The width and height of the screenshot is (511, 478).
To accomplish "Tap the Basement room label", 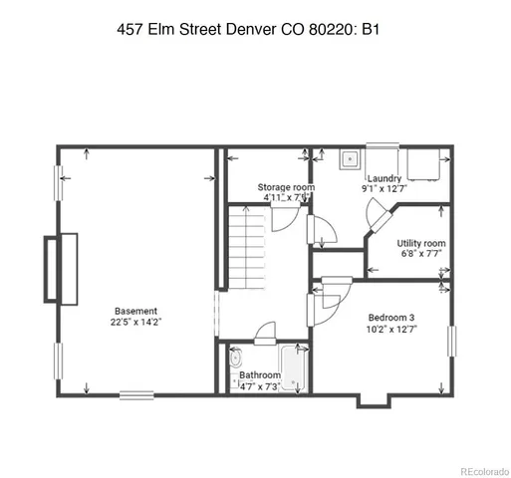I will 135,310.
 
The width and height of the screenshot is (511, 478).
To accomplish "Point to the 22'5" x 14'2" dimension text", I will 135,322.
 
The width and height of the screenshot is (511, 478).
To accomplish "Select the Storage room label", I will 286,186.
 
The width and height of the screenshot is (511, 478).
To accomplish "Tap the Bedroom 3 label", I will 388,317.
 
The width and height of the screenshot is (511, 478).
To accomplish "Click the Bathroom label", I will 259,375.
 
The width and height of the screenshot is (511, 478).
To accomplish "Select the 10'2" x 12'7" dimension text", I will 388,329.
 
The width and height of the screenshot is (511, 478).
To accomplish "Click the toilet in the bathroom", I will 236,358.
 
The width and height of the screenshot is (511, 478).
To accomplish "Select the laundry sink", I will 351,158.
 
